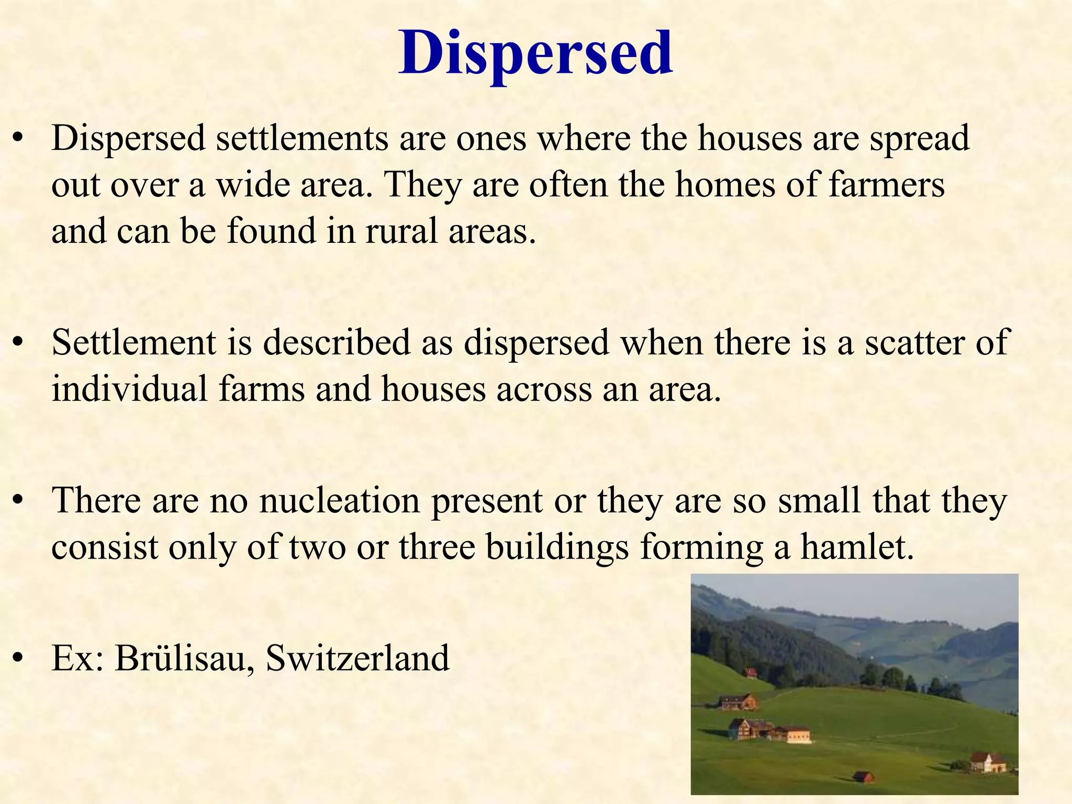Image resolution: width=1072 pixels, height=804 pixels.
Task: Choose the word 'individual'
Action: pyautogui.click(x=130, y=389)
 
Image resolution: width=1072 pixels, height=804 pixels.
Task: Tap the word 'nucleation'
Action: pyautogui.click(x=340, y=500)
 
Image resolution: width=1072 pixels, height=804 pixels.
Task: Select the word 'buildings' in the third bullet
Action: pyautogui.click(x=557, y=548)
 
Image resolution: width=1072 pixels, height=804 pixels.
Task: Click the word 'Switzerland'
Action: pyautogui.click(x=358, y=658)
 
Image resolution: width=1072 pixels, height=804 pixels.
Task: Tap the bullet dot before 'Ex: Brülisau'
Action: pyautogui.click(x=19, y=659)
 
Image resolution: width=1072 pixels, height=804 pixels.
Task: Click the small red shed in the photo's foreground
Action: pyautogui.click(x=863, y=776)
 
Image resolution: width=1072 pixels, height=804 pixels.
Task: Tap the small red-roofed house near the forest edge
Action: pyautogui.click(x=751, y=673)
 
